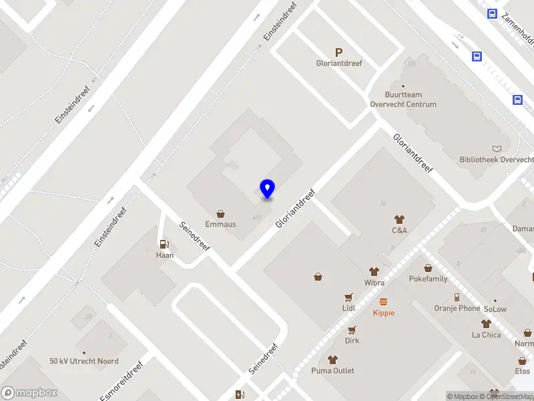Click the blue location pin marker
point(267,189)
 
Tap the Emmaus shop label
point(220,224)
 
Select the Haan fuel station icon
point(164,245)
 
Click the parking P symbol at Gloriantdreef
point(338,52)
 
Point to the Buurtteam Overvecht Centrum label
point(403,100)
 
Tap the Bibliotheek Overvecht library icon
point(496,148)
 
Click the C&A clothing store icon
point(399,219)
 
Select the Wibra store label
point(374,283)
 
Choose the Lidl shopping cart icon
point(348,297)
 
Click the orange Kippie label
point(384,313)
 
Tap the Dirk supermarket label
point(352,340)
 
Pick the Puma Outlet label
point(332,370)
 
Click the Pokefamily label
point(428,279)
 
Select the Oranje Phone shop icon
point(457,297)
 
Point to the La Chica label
point(486,335)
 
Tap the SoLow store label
point(495,309)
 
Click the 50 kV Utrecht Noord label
point(84,362)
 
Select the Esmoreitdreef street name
point(121,382)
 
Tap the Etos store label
point(523,371)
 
